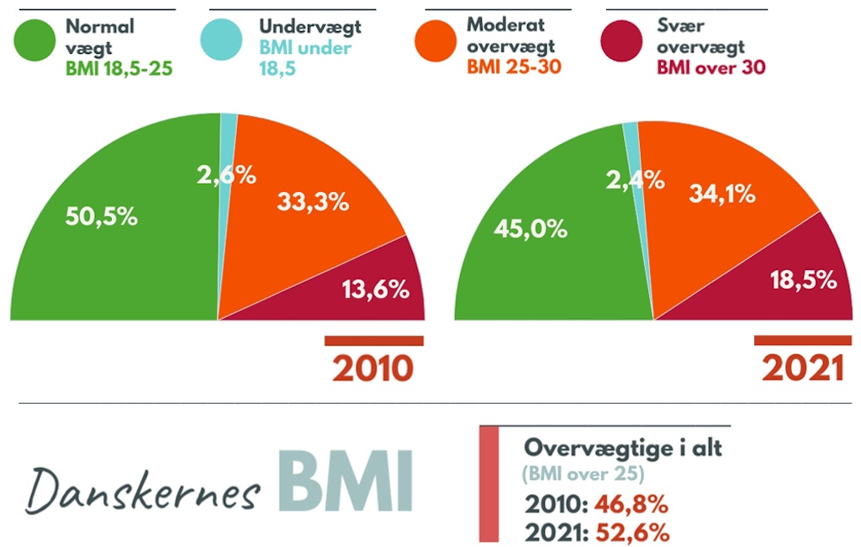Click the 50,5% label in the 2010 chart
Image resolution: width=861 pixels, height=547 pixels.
(101, 215)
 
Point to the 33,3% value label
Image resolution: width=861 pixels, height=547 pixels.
(314, 202)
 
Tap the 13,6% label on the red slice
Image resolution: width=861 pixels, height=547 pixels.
(375, 289)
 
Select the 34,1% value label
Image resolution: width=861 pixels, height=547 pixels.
(721, 194)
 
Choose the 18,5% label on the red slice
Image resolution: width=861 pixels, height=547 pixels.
(804, 280)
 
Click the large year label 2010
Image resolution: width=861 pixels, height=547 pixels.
(373, 369)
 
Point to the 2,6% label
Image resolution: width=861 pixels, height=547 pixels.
(226, 176)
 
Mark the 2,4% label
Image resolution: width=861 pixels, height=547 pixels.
(637, 178)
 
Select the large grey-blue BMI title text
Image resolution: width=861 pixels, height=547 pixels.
(345, 481)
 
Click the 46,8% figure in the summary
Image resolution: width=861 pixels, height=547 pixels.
(631, 505)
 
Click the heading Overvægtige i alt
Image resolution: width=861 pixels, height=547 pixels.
(622, 448)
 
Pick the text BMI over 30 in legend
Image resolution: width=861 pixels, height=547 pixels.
(710, 67)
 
